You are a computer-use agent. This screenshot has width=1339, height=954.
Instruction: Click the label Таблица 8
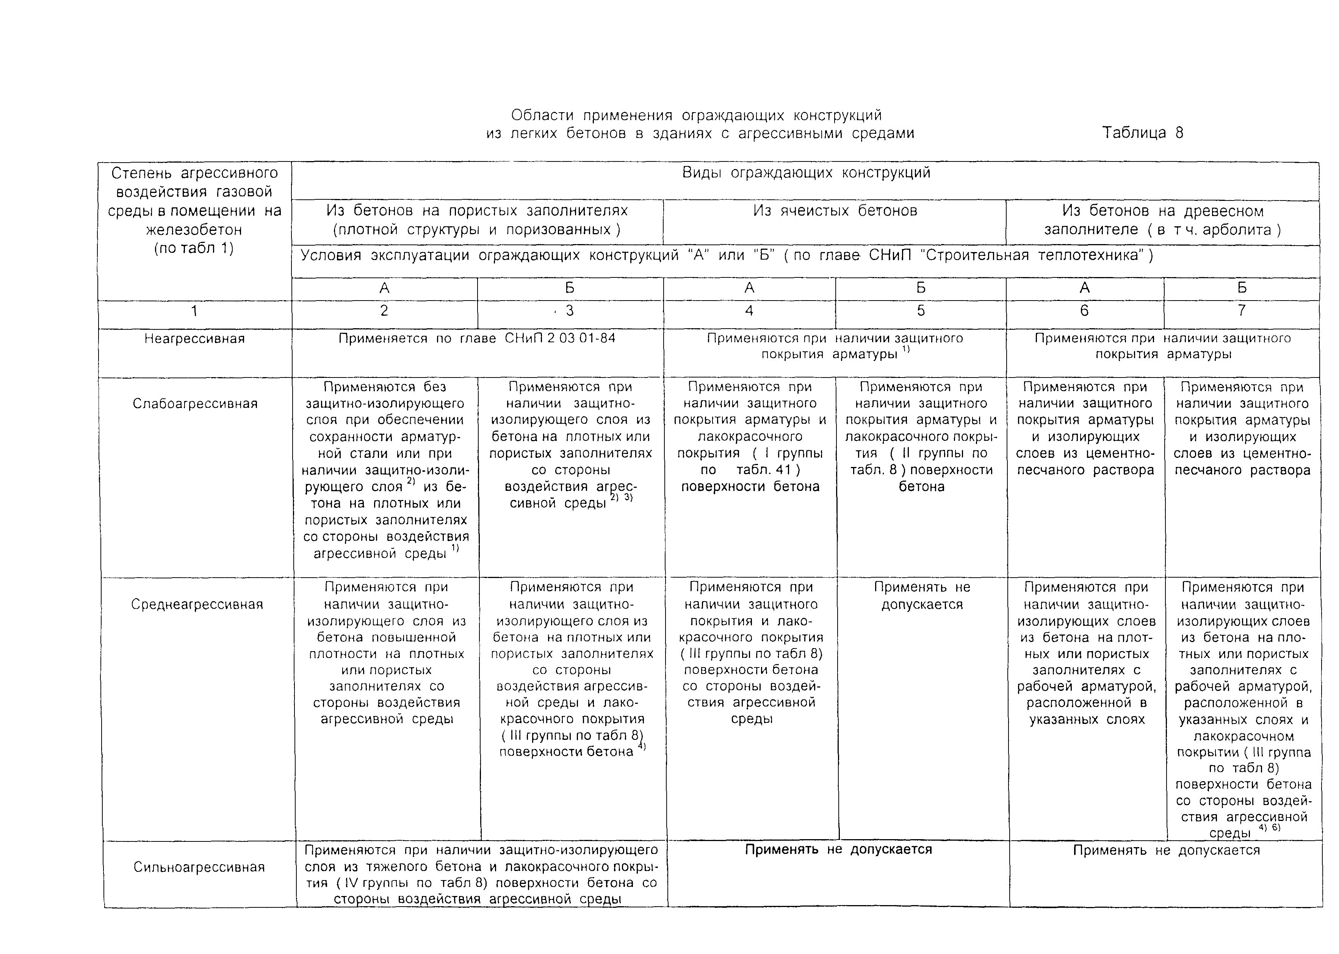pyautogui.click(x=1142, y=133)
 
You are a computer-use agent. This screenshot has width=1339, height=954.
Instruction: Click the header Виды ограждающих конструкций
pyautogui.click(x=806, y=173)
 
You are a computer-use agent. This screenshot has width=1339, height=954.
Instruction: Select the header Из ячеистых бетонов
pyautogui.click(x=835, y=211)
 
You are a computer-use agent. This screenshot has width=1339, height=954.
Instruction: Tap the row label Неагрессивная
pyautogui.click(x=194, y=339)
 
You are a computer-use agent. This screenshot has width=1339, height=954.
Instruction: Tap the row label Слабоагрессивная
pyautogui.click(x=195, y=404)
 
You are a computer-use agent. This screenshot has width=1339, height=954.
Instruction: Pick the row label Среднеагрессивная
pyautogui.click(x=197, y=605)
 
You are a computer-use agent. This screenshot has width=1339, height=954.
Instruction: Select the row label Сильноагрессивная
pyautogui.click(x=199, y=867)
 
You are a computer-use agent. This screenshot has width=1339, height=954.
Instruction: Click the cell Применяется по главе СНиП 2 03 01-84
pyautogui.click(x=477, y=338)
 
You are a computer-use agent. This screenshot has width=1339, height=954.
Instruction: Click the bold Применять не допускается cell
pyautogui.click(x=838, y=849)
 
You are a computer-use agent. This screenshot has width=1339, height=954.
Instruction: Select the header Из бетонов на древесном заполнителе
pyautogui.click(x=1162, y=220)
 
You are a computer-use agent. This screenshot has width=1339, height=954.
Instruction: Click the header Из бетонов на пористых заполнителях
pyautogui.click(x=477, y=220)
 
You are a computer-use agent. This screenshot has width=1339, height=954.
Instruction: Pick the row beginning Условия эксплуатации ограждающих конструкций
pyautogui.click(x=727, y=255)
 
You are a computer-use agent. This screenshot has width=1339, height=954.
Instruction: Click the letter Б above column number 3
pyautogui.click(x=569, y=288)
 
